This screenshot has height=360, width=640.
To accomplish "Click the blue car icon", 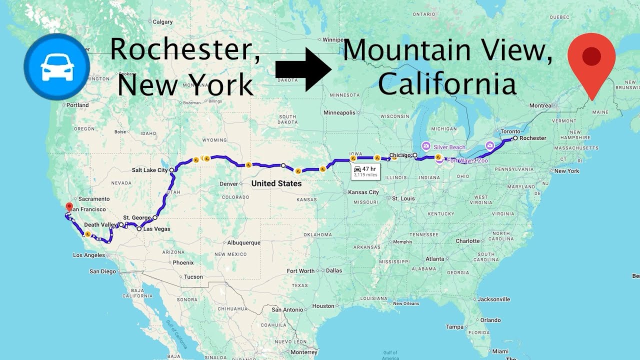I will click(x=56, y=66).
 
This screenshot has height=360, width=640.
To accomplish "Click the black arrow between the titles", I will click(x=303, y=69).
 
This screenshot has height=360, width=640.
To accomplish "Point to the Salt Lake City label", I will click(x=149, y=170).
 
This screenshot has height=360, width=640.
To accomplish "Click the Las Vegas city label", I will click(x=156, y=229).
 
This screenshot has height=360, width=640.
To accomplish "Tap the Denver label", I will click(x=229, y=184).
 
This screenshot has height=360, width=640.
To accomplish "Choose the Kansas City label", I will click(x=363, y=192).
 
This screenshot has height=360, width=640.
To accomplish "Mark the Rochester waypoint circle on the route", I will click(x=515, y=138).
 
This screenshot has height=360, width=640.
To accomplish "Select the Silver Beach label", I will click(x=449, y=147).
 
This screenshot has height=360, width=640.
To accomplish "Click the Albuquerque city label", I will click(x=243, y=243).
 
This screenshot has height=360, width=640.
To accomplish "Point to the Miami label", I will click(x=499, y=351).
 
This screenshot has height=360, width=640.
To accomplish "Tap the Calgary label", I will click(x=162, y=22).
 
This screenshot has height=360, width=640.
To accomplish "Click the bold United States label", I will click(x=276, y=183).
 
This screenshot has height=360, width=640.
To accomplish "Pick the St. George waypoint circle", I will click(x=155, y=217).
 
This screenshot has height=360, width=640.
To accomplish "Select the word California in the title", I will click(x=446, y=84).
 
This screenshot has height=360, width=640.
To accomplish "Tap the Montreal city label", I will click(x=540, y=105).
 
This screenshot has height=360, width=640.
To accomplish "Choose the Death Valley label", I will click(x=100, y=225).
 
